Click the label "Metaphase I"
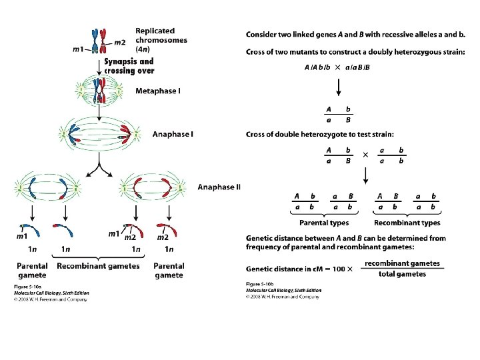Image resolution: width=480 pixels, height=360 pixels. (x=158, y=91)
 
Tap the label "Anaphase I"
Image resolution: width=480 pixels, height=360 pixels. (x=173, y=134)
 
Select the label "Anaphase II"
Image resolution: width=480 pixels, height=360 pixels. (x=219, y=187)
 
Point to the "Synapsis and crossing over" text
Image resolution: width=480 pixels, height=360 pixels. (x=129, y=66)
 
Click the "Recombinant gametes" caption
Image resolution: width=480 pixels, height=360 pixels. (x=99, y=266)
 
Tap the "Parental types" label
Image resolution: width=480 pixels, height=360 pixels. (x=324, y=223)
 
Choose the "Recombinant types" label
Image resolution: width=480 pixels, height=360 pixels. (x=407, y=223)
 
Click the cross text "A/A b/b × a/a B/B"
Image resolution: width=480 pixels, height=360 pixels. (x=337, y=67)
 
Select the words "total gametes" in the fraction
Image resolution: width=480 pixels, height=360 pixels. (x=402, y=274)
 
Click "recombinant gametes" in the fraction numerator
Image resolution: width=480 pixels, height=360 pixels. (x=402, y=263)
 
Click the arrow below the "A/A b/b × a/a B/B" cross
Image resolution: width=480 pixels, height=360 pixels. (x=337, y=87)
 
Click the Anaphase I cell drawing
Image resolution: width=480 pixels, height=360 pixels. (x=99, y=133)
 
